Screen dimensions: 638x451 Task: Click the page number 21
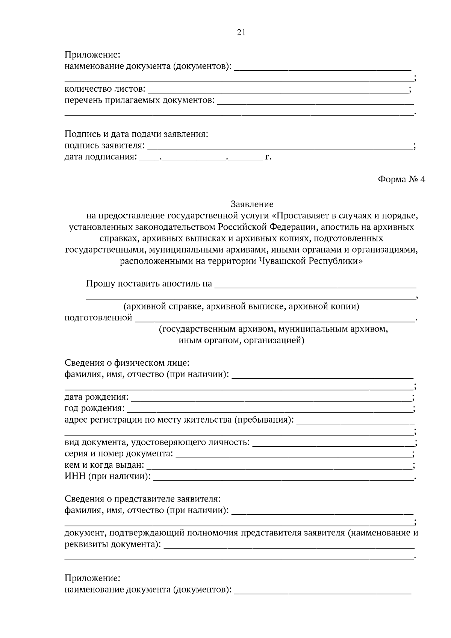pyautogui.click(x=241, y=33)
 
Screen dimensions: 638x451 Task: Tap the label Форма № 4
pyautogui.click(x=401, y=179)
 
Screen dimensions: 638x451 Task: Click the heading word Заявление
pyautogui.click(x=252, y=204)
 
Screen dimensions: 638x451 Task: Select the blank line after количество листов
pyautogui.click(x=278, y=91)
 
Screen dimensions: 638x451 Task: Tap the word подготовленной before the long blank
pyautogui.click(x=98, y=318)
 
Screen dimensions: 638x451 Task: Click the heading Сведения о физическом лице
pyautogui.click(x=127, y=363)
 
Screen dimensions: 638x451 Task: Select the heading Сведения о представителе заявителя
pyautogui.click(x=142, y=499)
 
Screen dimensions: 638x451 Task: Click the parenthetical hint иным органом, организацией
pyautogui.click(x=241, y=341)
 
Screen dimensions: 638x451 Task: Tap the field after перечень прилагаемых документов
pyautogui.click(x=316, y=102)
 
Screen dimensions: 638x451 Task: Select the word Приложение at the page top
pyautogui.click(x=92, y=55)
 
